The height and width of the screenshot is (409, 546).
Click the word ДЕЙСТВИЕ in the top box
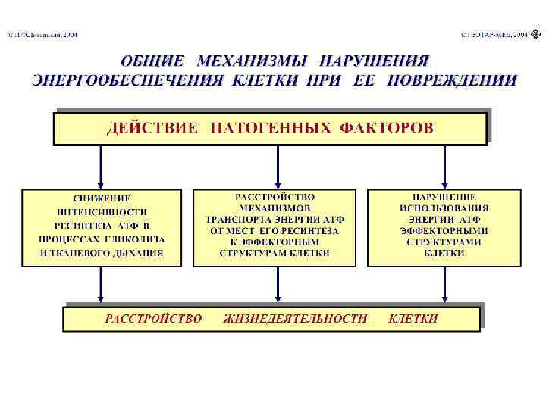150,127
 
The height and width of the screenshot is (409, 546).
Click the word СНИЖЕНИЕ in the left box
102,198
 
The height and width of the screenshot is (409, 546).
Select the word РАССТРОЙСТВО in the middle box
275,195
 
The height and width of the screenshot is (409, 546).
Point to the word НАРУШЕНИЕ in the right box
444,195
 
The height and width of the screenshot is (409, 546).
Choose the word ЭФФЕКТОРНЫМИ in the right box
444,230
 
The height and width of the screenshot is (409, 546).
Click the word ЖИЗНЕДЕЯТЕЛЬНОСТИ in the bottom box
295,319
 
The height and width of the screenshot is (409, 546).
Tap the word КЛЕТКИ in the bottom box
413,319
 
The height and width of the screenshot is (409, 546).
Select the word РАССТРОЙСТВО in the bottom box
153,319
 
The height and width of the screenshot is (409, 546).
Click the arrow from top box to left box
101,167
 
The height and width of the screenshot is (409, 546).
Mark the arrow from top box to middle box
278,167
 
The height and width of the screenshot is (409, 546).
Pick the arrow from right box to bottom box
444,286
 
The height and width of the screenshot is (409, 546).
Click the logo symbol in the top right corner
536,35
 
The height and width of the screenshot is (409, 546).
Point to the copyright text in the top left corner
42,35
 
